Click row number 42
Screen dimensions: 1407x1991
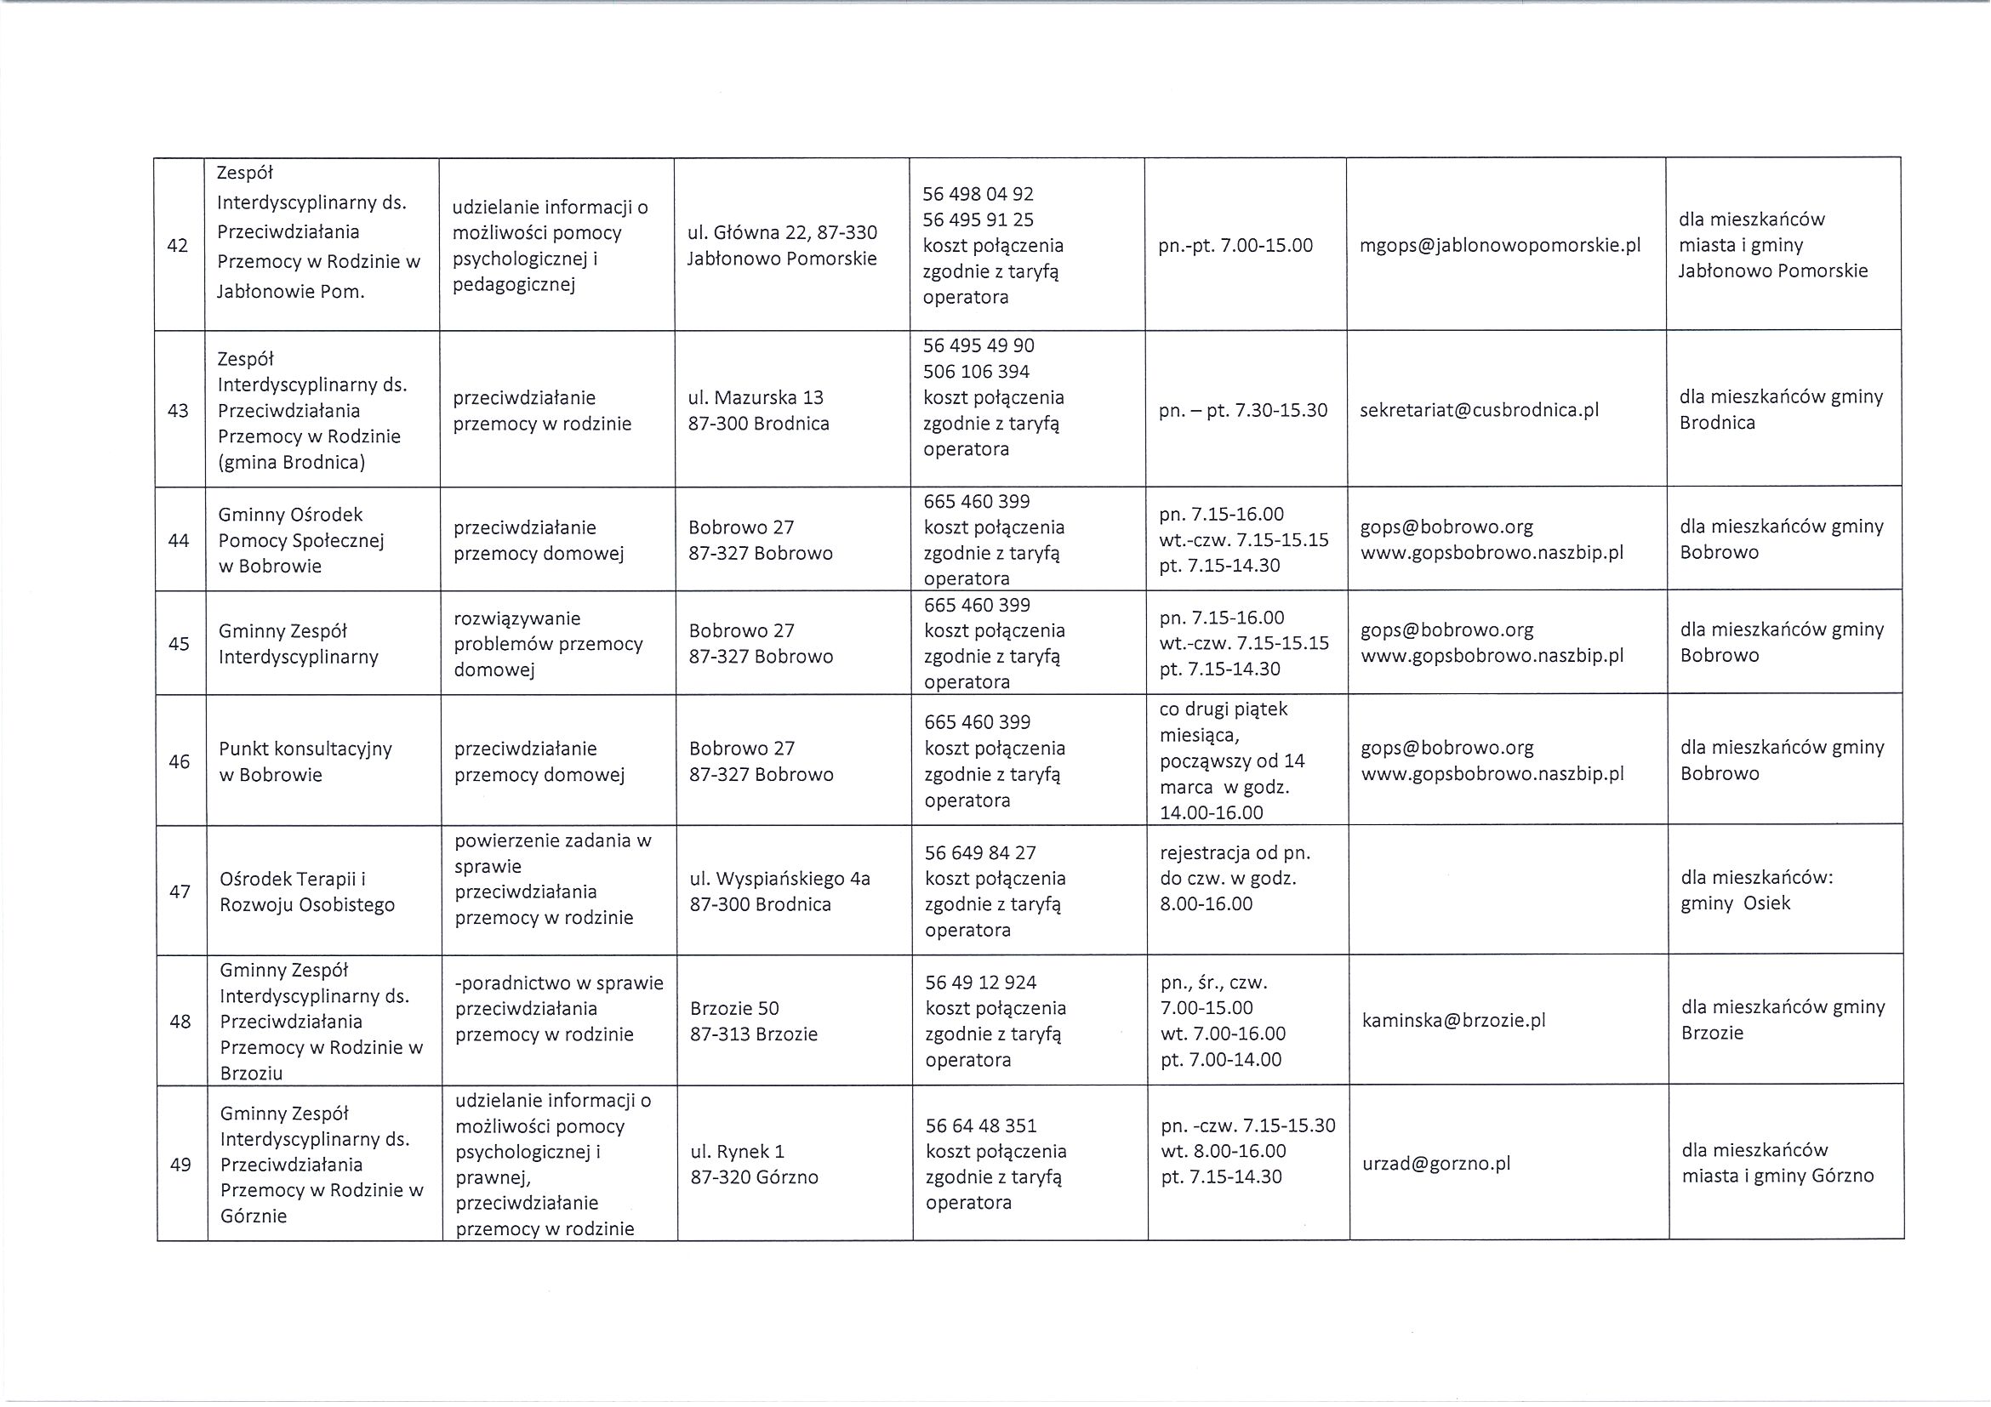point(178,245)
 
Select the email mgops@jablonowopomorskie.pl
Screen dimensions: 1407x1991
point(1500,245)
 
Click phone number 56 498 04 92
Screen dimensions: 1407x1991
point(978,194)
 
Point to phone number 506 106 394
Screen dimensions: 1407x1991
point(977,372)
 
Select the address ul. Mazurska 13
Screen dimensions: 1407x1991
point(756,398)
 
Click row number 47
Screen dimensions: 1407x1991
point(180,891)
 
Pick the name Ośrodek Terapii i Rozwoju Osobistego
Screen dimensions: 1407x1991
point(307,891)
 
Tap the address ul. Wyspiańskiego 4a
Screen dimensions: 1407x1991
point(779,879)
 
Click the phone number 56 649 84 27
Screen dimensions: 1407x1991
point(981,853)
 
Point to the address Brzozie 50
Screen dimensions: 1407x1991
point(734,1008)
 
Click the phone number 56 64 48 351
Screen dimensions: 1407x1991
point(981,1125)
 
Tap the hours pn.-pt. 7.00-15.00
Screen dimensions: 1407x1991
point(1235,245)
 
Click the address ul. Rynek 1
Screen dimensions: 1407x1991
point(737,1151)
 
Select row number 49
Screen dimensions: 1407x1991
point(180,1165)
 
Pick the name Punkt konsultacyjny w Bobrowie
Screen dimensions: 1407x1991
point(305,761)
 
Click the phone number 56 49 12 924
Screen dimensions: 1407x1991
point(981,983)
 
